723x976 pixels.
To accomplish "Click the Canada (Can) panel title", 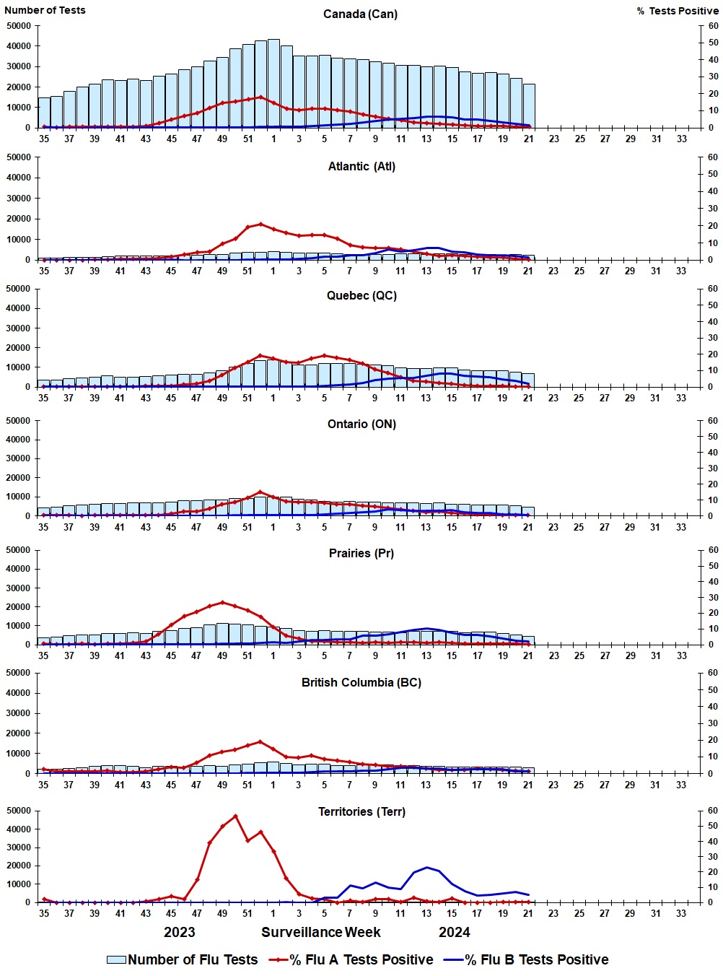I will (360, 14).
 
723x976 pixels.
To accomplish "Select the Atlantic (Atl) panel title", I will (361, 167).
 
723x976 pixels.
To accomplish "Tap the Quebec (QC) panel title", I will (361, 296).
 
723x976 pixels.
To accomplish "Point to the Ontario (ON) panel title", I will (361, 424).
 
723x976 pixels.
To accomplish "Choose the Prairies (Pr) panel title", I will (361, 554).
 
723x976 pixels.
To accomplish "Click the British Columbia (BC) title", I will (361, 683).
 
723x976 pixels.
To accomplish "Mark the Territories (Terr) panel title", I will (361, 812).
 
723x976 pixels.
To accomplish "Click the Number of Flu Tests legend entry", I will (182, 960).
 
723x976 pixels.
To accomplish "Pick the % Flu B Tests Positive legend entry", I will (526, 960).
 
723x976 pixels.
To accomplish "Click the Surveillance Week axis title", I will (321, 933).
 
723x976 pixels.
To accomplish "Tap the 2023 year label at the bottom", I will (180, 933).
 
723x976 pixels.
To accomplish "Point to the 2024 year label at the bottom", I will (455, 933).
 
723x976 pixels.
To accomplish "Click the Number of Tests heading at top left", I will (45, 10).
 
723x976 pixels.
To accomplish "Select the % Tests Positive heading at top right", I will (678, 11).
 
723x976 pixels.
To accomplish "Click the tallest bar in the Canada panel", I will (273, 83).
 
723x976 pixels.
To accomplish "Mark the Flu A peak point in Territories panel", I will (235, 816).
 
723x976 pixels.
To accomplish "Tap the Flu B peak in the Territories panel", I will (427, 868).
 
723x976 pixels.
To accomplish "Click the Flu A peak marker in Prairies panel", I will (222, 602).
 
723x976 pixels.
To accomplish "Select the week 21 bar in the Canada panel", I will (528, 106).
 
